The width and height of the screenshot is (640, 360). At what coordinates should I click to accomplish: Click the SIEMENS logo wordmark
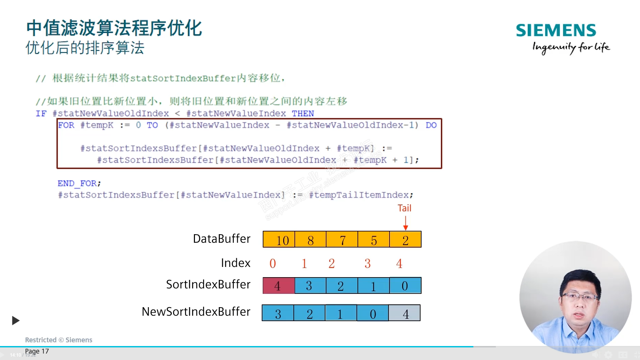pyautogui.click(x=556, y=30)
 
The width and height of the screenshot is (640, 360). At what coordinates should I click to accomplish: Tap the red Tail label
pyautogui.click(x=405, y=208)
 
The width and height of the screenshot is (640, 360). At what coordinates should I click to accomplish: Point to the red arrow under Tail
pyautogui.click(x=406, y=223)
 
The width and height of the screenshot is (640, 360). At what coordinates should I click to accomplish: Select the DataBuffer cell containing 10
pyautogui.click(x=279, y=239)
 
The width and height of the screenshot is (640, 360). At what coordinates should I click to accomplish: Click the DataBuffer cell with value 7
pyautogui.click(x=342, y=239)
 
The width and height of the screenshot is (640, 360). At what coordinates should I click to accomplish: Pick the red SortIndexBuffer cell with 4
pyautogui.click(x=279, y=286)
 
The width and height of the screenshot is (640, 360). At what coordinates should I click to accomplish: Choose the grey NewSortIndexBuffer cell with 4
pyautogui.click(x=405, y=313)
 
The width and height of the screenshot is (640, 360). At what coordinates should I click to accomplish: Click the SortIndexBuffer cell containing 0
pyautogui.click(x=405, y=286)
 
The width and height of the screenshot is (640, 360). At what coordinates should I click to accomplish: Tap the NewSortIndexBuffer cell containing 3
pyautogui.click(x=278, y=313)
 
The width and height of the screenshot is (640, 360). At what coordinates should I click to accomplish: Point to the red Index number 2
pyautogui.click(x=332, y=263)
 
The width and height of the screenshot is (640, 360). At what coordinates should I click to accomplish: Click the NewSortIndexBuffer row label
pyautogui.click(x=196, y=312)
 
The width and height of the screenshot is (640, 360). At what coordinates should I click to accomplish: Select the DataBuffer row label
pyautogui.click(x=222, y=239)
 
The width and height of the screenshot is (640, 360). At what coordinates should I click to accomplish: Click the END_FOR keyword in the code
pyautogui.click(x=77, y=183)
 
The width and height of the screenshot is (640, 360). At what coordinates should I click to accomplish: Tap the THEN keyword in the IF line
pyautogui.click(x=303, y=114)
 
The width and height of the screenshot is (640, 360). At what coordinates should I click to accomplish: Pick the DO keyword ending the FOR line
pyautogui.click(x=431, y=125)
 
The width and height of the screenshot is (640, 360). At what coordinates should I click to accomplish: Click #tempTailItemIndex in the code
pyautogui.click(x=359, y=195)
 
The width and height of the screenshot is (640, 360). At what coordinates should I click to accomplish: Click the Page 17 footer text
pyautogui.click(x=37, y=351)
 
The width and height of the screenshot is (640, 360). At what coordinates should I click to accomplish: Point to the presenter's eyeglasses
pyautogui.click(x=580, y=297)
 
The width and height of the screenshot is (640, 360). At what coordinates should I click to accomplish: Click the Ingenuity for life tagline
pyautogui.click(x=571, y=47)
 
